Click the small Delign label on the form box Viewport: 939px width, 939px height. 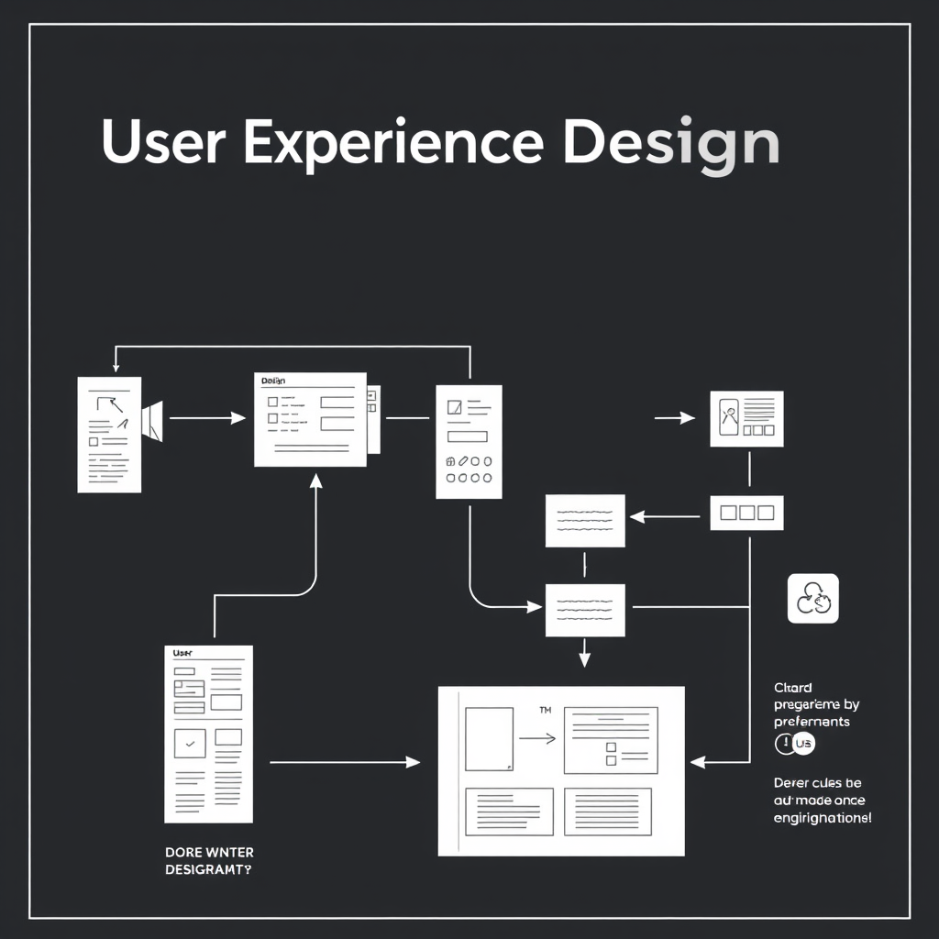[274, 380]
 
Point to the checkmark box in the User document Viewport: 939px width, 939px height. [190, 744]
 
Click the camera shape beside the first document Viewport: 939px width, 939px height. [152, 419]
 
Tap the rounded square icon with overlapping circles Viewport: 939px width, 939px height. [812, 599]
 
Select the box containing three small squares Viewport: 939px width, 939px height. [746, 513]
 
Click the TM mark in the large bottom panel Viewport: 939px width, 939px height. [545, 710]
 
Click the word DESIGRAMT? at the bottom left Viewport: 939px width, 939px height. [207, 868]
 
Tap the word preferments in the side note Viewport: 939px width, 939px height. [812, 722]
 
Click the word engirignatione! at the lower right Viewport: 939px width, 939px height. [823, 817]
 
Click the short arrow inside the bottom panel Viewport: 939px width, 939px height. [536, 738]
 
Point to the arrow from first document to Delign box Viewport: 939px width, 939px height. [207, 418]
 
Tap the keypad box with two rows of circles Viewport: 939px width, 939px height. [469, 441]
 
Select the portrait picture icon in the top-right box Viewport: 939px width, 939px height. [730, 416]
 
